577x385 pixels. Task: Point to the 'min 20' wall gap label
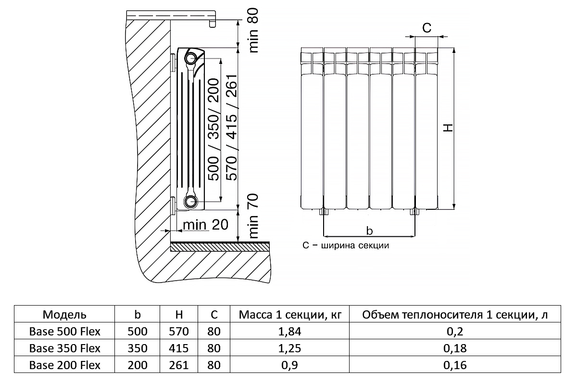(x=200, y=225)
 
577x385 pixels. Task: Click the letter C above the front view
(x=426, y=28)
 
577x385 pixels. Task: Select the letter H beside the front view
(x=448, y=128)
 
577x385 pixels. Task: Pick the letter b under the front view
(x=369, y=231)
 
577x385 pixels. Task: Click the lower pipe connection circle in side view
(x=191, y=201)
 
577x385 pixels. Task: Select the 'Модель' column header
(x=65, y=315)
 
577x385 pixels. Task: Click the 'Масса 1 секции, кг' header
(x=290, y=315)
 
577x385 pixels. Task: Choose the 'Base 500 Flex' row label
(x=65, y=332)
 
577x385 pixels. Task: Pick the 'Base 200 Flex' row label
(x=65, y=365)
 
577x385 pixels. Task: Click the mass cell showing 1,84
(x=290, y=332)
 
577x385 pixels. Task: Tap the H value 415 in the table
(x=179, y=348)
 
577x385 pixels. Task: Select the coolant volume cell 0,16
(x=454, y=365)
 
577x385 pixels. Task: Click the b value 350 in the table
(x=138, y=348)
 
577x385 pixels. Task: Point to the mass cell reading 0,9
(x=290, y=365)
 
